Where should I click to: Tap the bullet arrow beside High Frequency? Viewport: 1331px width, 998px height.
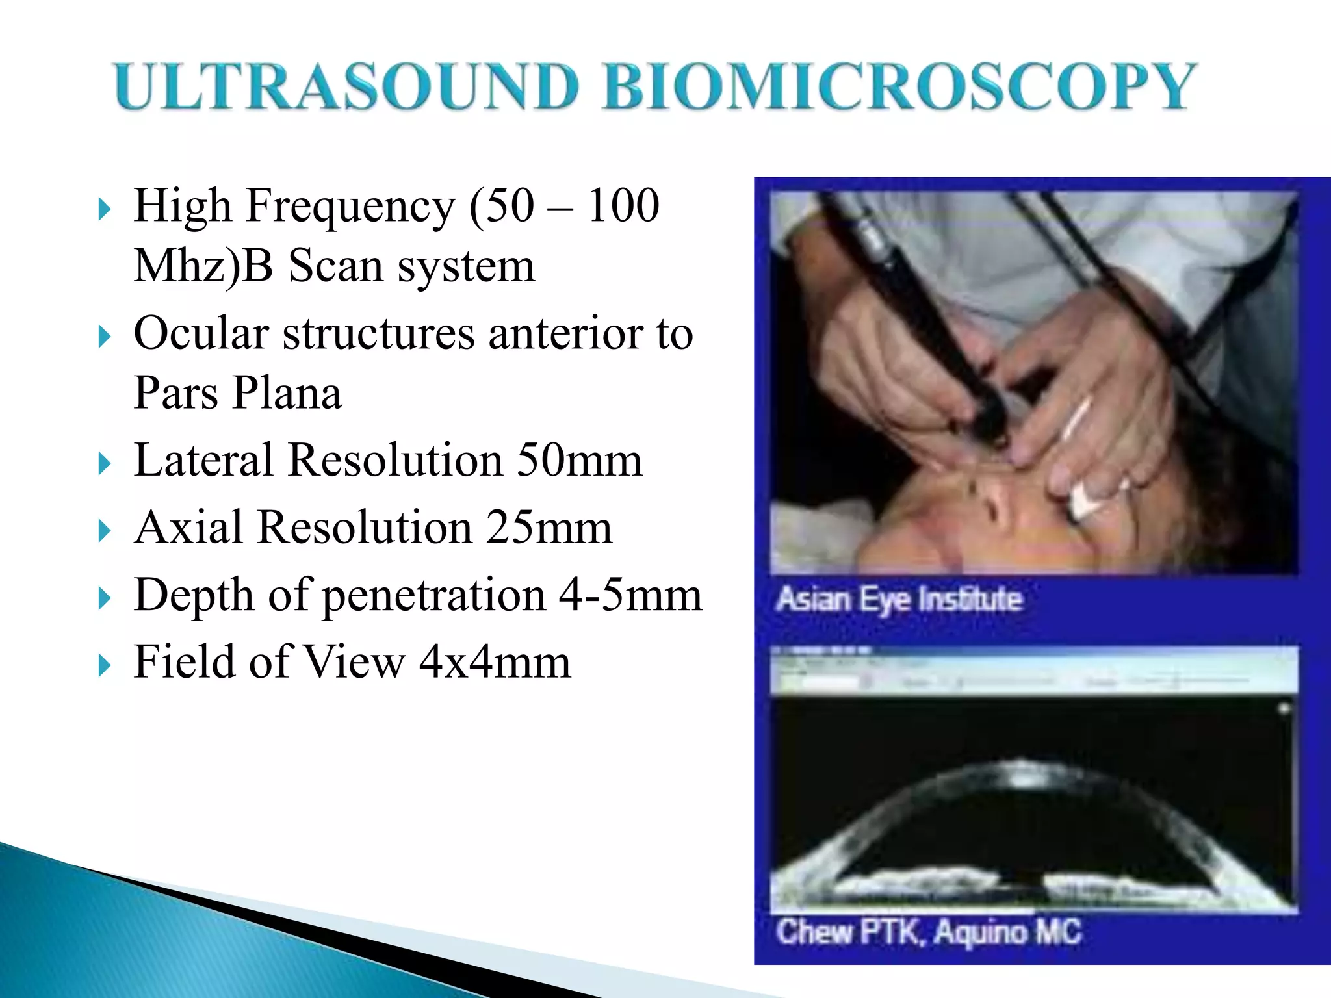pos(105,210)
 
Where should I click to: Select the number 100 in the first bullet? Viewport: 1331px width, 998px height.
pos(623,206)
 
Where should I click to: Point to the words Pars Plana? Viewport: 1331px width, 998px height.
pos(237,393)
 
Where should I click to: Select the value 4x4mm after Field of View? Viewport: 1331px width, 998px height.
pos(495,663)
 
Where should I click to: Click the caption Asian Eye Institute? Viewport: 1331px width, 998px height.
pos(899,599)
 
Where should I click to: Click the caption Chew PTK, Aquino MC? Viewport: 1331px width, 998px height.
pos(928,932)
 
